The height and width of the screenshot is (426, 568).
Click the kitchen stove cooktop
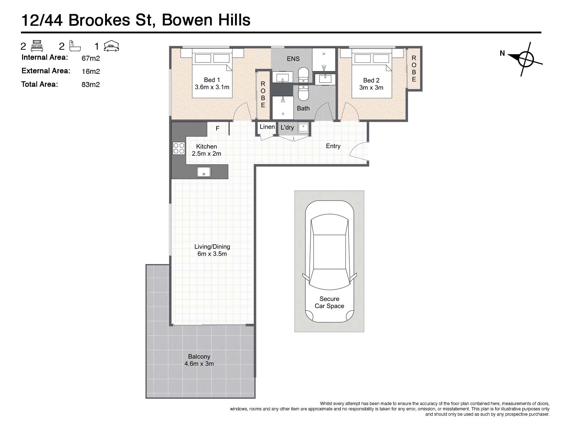coord(179,148)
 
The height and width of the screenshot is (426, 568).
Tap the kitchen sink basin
coord(204,172)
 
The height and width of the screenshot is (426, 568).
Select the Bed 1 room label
coord(212,83)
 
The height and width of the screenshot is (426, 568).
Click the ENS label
coord(293,59)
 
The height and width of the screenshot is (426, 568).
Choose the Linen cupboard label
coord(267,127)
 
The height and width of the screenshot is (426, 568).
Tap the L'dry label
coord(287,127)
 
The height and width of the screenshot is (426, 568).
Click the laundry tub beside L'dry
coord(303,127)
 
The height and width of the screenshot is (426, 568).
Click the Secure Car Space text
coord(329,302)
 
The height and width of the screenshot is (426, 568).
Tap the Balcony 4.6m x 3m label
coord(199,360)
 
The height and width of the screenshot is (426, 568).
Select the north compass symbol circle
coord(526,59)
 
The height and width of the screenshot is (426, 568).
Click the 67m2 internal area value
coord(91,58)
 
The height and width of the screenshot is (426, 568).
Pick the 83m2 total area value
coord(91,84)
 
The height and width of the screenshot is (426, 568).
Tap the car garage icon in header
coord(111,46)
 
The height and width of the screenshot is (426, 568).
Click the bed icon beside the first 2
coord(37,46)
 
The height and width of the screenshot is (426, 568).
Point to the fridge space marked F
coord(218,128)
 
